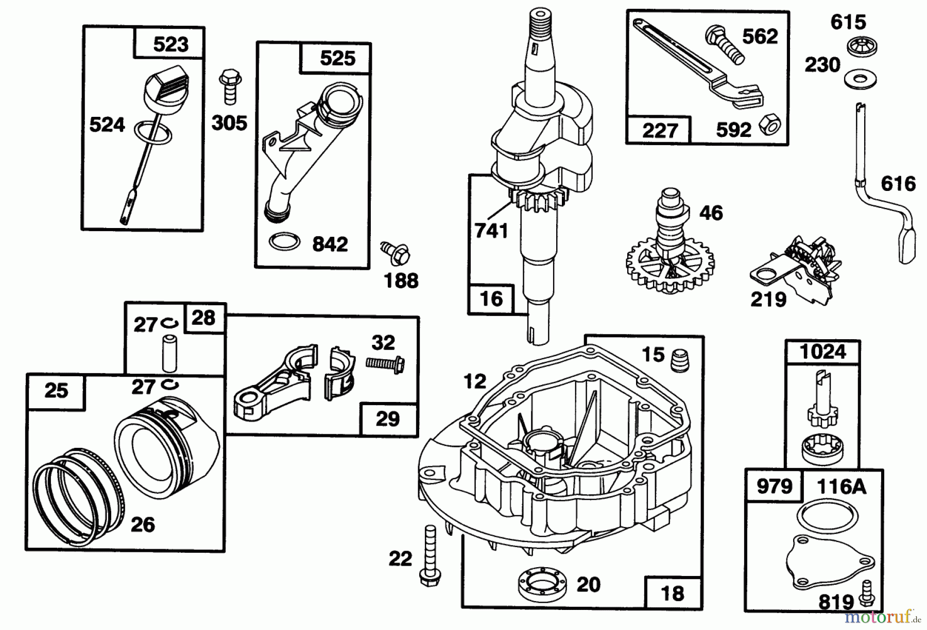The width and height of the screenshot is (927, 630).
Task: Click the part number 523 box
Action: pos(170,44)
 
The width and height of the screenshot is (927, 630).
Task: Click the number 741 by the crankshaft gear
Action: pos(491,231)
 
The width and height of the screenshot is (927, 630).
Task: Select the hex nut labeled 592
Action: pos(771,124)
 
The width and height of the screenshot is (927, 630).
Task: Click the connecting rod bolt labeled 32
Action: pos(384,364)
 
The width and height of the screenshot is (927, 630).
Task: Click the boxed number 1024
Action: pos(822,352)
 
